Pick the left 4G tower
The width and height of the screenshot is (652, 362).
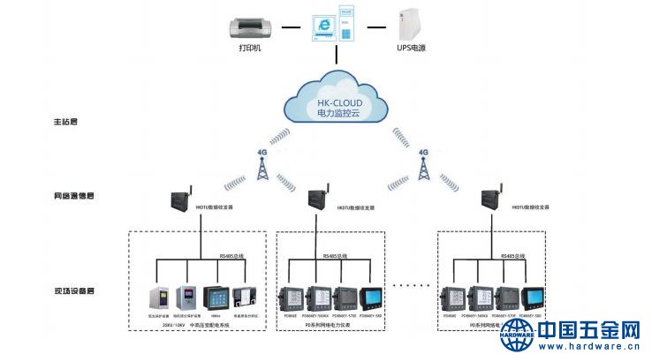point(262,165)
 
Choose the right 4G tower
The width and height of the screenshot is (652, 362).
point(422,165)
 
